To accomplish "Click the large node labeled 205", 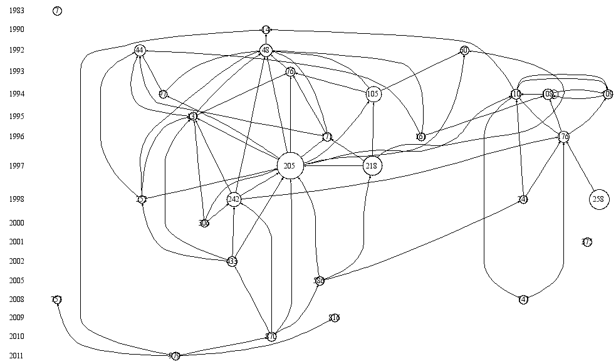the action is point(290,166).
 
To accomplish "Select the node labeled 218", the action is point(373,166).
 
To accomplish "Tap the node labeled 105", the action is point(373,94).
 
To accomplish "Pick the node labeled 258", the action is point(599,199).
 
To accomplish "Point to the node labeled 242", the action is point(234,199).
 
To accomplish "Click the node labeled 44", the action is point(139,50).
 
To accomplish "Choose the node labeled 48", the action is point(266,50).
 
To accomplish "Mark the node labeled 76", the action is point(290,71).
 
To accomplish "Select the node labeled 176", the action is point(564,137).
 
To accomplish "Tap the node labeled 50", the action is point(464,50).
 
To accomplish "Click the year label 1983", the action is point(17,11).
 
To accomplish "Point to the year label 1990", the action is point(17,29).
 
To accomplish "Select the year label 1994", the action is point(17,94).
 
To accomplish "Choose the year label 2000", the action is point(17,222).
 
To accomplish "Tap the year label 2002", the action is point(17,261).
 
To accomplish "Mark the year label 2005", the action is point(17,281).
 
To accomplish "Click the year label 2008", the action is point(17,299).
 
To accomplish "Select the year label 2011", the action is point(17,356).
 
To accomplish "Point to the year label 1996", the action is point(17,137).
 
